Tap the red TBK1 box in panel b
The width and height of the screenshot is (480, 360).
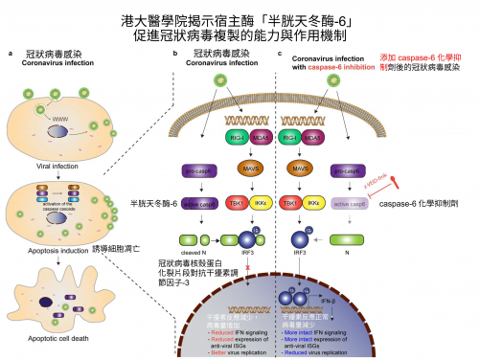click(x=234, y=205)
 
